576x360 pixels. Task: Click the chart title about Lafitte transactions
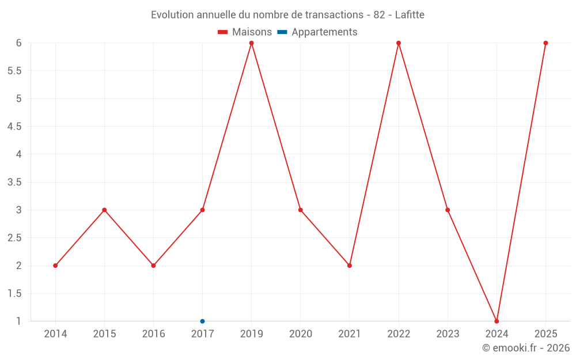287,15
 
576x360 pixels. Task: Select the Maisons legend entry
245,32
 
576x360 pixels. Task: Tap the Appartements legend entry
317,32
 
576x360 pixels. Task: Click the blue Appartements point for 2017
202,321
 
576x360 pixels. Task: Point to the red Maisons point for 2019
252,43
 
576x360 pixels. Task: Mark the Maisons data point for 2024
497,321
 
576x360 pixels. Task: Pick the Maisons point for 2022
399,43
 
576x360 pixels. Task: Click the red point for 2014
55,266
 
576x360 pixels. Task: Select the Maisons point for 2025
546,43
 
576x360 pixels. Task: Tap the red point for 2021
350,266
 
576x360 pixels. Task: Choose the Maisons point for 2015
104,210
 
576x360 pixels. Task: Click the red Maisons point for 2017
202,210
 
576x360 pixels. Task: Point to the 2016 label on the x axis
154,334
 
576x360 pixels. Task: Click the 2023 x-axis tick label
448,334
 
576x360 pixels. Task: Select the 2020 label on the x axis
301,334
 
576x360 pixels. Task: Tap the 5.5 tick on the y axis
14,71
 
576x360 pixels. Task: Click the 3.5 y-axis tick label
14,182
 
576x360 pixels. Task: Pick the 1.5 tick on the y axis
14,294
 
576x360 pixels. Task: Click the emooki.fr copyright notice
526,347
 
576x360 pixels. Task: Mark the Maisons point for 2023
448,210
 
